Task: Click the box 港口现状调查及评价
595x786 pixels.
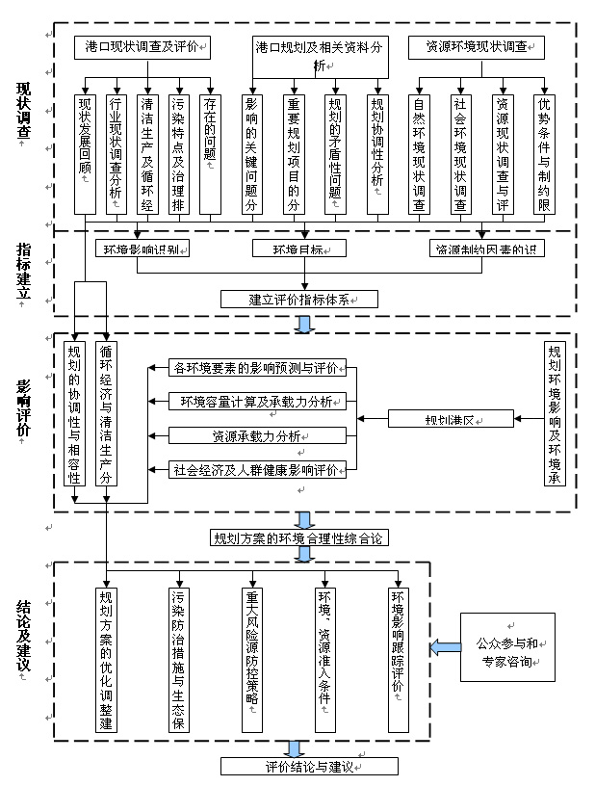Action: (142, 45)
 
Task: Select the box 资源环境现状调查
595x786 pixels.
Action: (476, 45)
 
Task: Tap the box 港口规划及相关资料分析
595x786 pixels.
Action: (321, 55)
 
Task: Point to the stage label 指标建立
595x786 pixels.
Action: (24, 271)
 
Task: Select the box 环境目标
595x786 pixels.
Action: (299, 249)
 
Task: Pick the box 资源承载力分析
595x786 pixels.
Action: (256, 435)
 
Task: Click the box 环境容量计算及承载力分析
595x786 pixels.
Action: (256, 401)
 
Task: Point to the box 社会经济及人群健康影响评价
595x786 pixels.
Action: (256, 470)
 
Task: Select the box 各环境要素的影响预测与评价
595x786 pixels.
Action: (256, 367)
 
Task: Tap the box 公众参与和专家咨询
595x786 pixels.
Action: (508, 646)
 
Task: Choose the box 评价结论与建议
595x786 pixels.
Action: (308, 767)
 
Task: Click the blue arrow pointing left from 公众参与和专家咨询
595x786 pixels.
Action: (444, 646)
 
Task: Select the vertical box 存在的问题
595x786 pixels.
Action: (210, 152)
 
